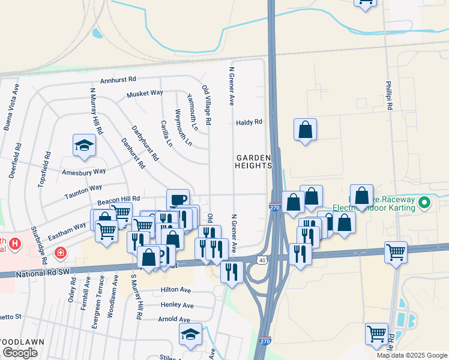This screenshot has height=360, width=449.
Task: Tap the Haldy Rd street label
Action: (x=249, y=122)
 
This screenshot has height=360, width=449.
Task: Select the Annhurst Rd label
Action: (x=118, y=79)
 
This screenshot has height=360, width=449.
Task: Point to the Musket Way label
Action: (x=145, y=94)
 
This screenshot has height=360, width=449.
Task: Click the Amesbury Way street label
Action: (x=84, y=172)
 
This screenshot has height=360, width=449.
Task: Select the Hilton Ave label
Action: (x=175, y=290)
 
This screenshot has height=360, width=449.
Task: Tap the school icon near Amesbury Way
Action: (x=84, y=145)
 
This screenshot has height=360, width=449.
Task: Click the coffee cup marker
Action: (x=177, y=199)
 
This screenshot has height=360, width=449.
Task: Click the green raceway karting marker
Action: (x=425, y=203)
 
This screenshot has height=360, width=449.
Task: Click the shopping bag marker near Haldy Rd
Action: (x=305, y=130)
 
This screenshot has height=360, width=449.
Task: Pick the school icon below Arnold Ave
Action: (x=191, y=335)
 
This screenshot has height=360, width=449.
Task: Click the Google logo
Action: (x=20, y=353)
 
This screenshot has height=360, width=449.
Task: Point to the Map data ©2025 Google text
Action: (x=411, y=355)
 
